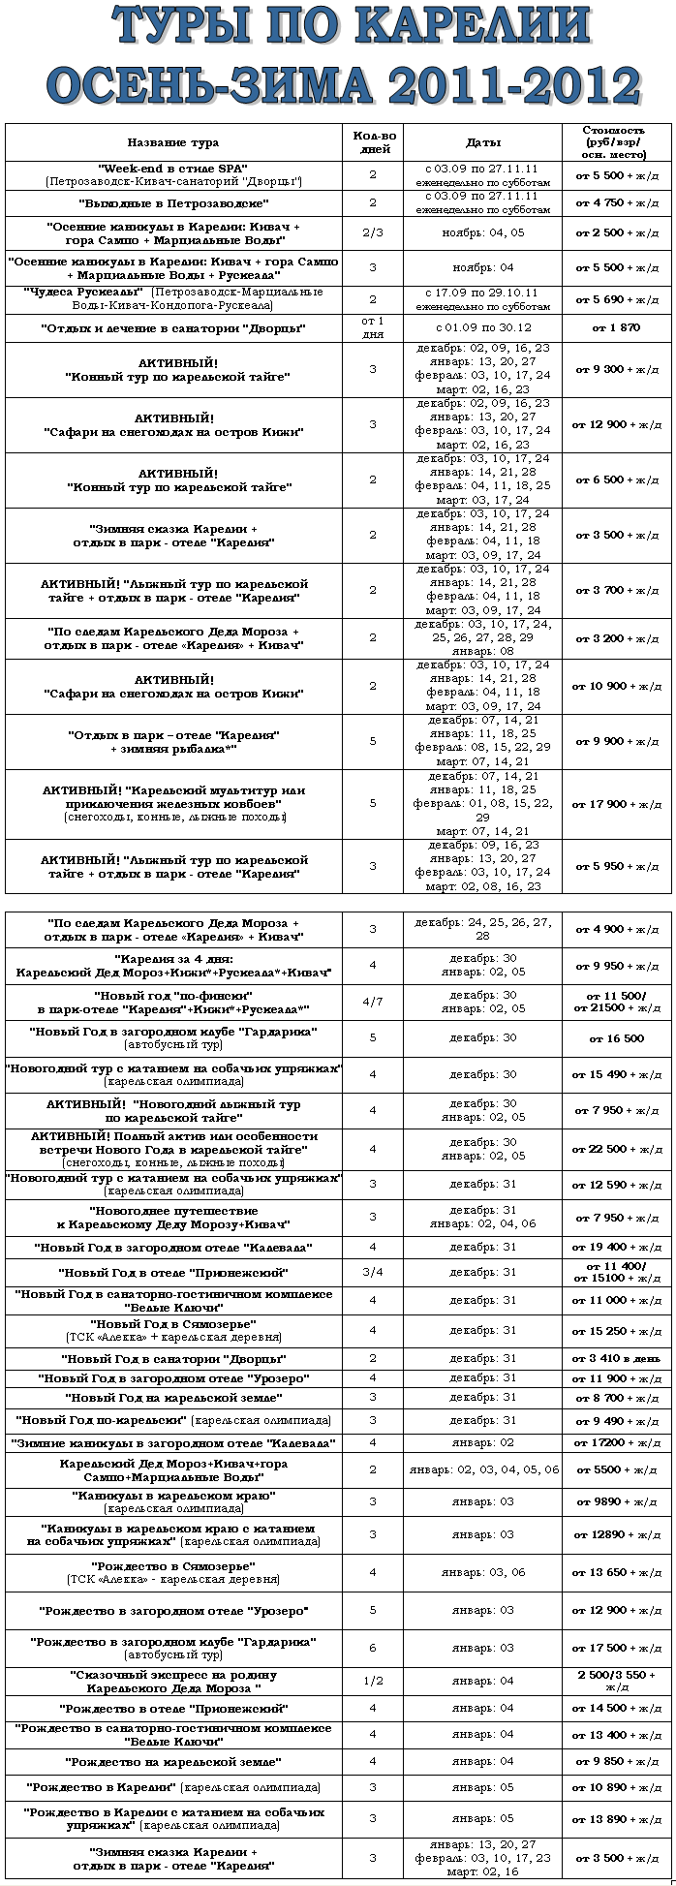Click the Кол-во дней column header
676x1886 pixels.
[373, 143]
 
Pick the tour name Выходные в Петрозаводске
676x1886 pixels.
[173, 203]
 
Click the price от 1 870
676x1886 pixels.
[616, 327]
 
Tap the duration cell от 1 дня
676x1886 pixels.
[373, 327]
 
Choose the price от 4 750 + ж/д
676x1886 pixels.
[616, 203]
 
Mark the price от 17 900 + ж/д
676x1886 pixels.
[616, 804]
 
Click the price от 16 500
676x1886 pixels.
[616, 1038]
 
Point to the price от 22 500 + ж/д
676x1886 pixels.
[616, 1149]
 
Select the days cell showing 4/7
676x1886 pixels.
[373, 1002]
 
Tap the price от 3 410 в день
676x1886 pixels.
[616, 1359]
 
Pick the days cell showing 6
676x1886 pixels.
[373, 1648]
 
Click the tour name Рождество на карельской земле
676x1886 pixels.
[173, 1761]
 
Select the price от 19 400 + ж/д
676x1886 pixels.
[616, 1247]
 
